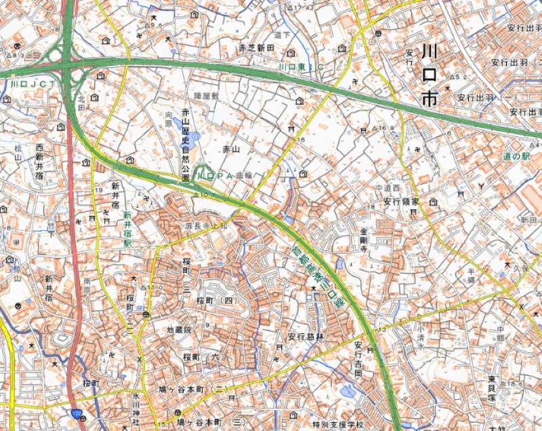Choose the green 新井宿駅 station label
(x=126, y=228)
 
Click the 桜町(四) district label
(x=214, y=299)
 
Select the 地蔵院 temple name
(x=180, y=329)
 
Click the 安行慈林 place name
(x=306, y=335)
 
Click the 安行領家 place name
(x=401, y=202)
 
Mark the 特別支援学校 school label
(x=330, y=424)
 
